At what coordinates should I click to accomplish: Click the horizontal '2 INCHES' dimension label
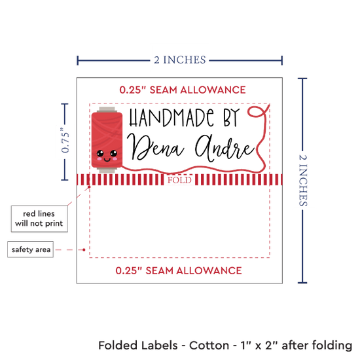180,60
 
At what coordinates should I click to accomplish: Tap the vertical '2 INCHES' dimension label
303,180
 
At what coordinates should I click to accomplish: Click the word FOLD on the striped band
179,180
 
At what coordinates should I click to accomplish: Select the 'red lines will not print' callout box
39,219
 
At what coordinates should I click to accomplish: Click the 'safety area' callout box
31,249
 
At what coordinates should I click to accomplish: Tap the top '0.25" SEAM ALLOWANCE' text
183,90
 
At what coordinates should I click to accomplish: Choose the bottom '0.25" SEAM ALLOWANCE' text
179,271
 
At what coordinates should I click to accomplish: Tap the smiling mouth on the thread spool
107,159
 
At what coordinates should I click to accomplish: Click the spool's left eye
100,153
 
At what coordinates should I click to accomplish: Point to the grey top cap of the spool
107,109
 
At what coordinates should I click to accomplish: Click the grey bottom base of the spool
107,170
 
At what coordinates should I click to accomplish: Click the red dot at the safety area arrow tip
84,249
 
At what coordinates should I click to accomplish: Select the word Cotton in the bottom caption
209,346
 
